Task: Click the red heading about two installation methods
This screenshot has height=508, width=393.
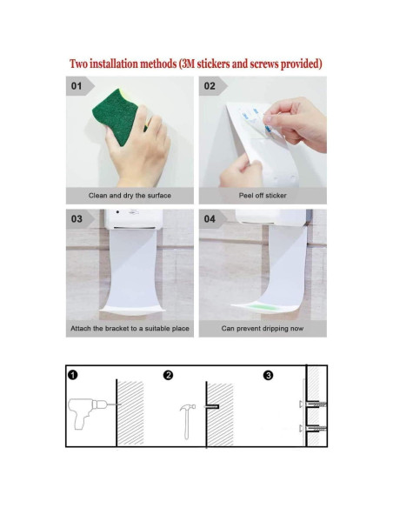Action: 196,63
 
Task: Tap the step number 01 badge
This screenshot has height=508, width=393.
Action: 77,86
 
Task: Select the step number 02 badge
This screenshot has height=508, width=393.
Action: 210,86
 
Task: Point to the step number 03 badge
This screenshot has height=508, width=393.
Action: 77,218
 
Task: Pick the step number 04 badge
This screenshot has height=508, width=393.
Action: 210,218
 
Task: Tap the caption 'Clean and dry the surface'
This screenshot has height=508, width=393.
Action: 130,196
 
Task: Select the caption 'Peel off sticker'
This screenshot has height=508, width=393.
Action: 263,196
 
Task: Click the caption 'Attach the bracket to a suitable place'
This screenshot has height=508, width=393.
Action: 130,329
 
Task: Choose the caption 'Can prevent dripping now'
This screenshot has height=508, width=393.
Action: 263,329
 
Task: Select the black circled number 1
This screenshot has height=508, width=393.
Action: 73,375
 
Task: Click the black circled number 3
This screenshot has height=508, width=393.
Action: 269,375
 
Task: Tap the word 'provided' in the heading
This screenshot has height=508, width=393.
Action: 296,63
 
